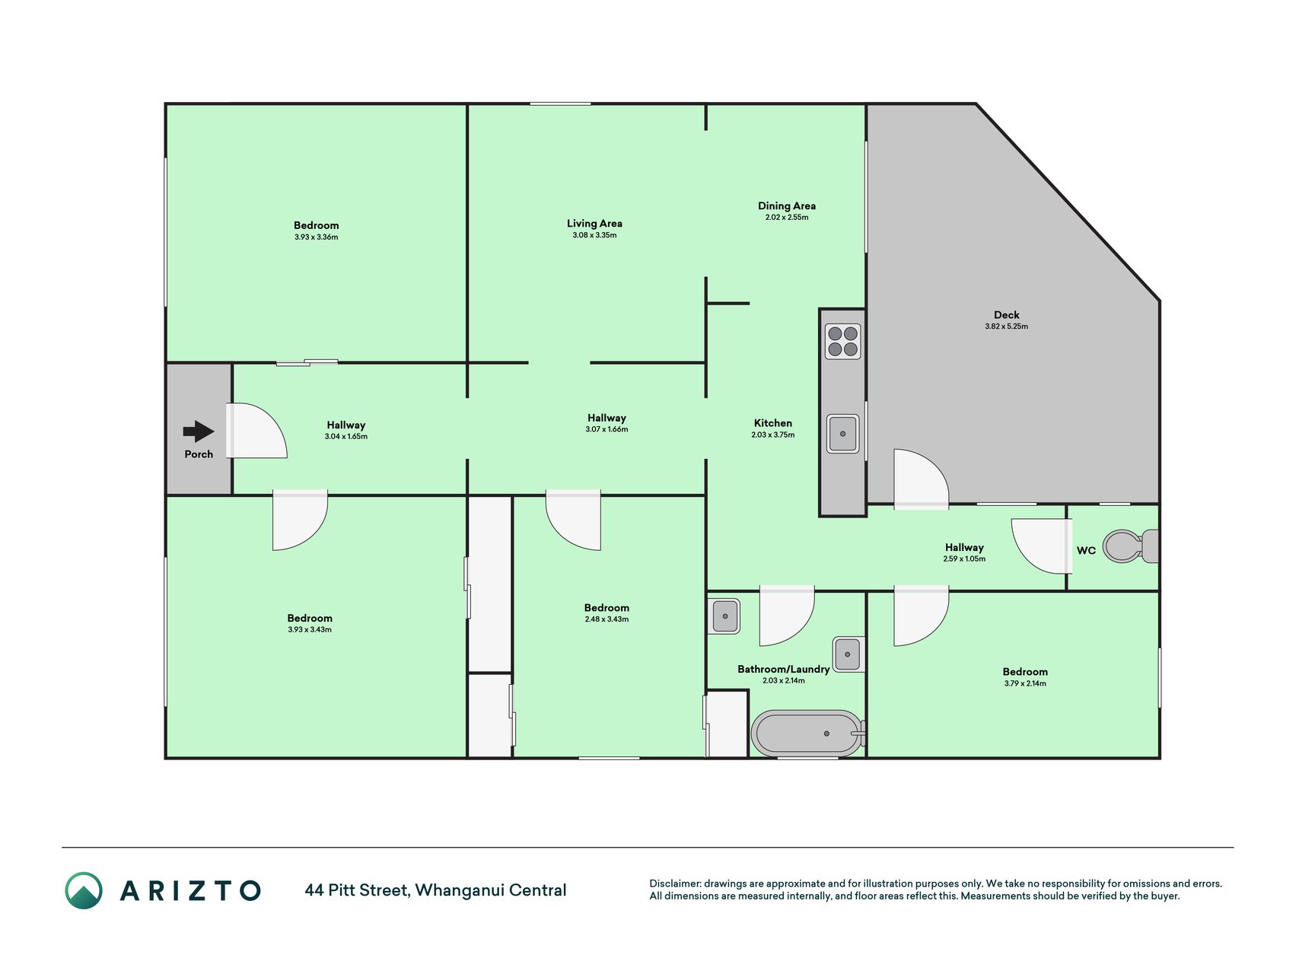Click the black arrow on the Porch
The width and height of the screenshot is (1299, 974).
tap(199, 431)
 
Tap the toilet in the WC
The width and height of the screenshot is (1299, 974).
tap(1130, 546)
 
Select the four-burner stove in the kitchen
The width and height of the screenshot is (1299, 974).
tap(842, 341)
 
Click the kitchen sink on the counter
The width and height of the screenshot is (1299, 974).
tap(842, 434)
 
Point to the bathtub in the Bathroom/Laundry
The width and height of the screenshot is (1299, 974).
tap(808, 734)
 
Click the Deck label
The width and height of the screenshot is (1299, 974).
tap(1006, 315)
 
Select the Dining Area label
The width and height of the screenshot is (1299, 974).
tap(787, 205)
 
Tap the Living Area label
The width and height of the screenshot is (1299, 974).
tap(594, 224)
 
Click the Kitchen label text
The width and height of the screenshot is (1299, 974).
tap(773, 423)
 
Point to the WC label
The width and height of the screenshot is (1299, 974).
tap(1086, 550)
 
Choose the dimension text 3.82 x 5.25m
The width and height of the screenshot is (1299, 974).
tap(1006, 326)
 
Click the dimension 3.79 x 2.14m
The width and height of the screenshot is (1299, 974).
tap(1025, 683)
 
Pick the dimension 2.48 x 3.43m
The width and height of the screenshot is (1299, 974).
tap(607, 619)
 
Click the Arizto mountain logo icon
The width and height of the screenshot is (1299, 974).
tap(84, 890)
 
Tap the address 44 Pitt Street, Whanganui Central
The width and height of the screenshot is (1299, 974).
tap(435, 890)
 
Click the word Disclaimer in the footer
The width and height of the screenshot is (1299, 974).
tap(674, 883)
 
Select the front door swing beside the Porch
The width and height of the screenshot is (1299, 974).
tap(256, 431)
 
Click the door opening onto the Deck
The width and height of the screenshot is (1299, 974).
tap(921, 479)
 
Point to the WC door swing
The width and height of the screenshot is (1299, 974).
tap(1042, 546)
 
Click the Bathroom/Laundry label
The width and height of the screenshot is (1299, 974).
tap(783, 670)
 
